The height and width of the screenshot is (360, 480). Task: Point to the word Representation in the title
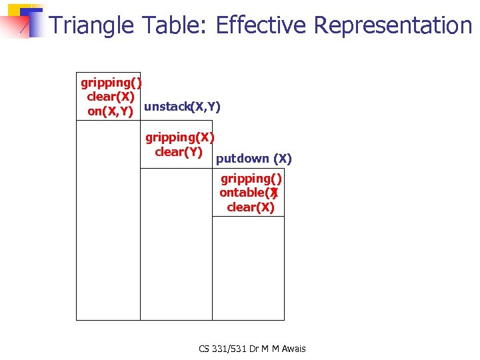coord(393,25)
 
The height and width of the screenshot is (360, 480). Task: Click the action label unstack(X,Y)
coord(182,107)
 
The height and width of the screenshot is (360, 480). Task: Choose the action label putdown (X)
coord(253,159)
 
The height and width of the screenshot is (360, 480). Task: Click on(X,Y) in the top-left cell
coord(111,111)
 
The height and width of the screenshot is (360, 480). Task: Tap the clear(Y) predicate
coord(178,152)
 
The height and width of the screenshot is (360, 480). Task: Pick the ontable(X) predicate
coord(249,193)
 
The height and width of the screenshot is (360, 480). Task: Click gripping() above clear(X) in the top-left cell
coord(111,83)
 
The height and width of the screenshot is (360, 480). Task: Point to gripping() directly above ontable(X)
coord(251,178)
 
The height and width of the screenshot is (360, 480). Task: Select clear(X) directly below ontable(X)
coord(250,207)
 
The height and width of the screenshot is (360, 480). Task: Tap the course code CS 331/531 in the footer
coord(227,349)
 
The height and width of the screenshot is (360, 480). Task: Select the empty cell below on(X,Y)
coord(108,220)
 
